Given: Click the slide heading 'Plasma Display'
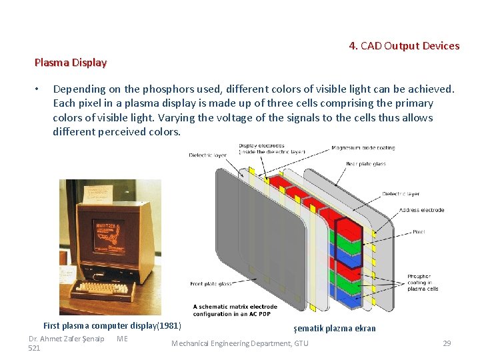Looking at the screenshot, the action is click(70, 63).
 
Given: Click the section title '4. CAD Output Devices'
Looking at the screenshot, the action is click(404, 46).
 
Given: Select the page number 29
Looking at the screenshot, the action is click(447, 343).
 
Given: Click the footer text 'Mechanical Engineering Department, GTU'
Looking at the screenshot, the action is click(240, 343).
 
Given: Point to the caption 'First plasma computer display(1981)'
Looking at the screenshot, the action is click(112, 326).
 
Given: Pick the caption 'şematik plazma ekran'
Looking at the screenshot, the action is click(335, 328).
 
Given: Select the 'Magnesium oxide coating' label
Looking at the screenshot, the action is click(363, 148).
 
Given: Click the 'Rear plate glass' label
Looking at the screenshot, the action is click(365, 163).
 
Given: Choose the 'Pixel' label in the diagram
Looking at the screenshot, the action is click(419, 232).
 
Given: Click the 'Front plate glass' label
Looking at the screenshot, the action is click(211, 284).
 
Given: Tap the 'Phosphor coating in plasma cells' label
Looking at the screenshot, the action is click(423, 283).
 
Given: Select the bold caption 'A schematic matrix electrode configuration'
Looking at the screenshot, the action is click(235, 310).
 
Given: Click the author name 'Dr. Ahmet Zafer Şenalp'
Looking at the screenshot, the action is click(66, 339).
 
